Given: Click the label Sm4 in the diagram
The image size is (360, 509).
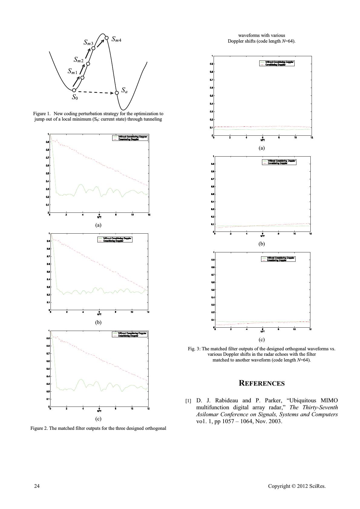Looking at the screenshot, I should pyautogui.click(x=116, y=39).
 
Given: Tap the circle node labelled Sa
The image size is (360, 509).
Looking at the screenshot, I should pyautogui.click(x=117, y=93).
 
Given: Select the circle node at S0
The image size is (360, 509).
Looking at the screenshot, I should pyautogui.click(x=74, y=90).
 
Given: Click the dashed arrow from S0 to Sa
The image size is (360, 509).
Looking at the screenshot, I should pyautogui.click(x=95, y=92).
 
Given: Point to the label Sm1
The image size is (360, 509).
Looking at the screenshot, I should pyautogui.click(x=72, y=72).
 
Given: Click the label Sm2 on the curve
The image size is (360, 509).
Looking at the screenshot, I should pyautogui.click(x=78, y=60).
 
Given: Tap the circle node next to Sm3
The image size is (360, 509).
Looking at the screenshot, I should pyautogui.click(x=93, y=48).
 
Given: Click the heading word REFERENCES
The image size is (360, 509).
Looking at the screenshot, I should pyautogui.click(x=262, y=383).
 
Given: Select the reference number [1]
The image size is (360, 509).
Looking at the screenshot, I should pyautogui.click(x=188, y=401).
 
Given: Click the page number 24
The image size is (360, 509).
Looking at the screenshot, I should pyautogui.click(x=37, y=486).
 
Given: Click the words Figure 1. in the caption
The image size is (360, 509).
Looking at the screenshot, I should pyautogui.click(x=42, y=114).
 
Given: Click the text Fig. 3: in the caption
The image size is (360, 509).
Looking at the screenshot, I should pyautogui.click(x=194, y=349).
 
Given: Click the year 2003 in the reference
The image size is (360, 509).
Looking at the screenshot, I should pyautogui.click(x=276, y=421).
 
